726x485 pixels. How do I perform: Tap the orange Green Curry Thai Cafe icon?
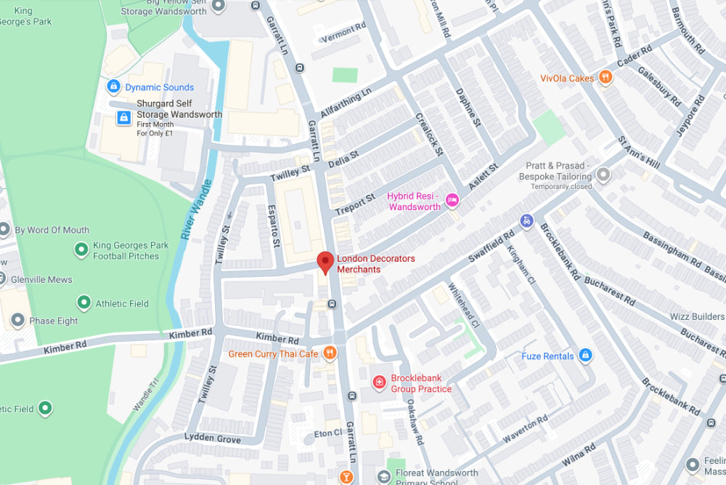330,353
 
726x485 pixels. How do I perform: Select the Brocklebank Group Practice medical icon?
379,382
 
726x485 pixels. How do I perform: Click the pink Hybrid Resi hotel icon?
452,200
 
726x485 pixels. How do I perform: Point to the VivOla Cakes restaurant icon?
606,78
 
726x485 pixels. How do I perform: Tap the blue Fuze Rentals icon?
586,356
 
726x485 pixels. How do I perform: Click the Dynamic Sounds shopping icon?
113,87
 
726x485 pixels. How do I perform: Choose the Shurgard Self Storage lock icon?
123,117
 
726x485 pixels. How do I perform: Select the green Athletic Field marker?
83,302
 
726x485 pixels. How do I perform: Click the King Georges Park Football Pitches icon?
81,250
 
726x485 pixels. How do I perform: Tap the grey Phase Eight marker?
17,321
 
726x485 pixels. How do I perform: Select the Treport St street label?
355,204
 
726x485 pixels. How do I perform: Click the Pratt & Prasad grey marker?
603,174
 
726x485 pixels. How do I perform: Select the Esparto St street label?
274,227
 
